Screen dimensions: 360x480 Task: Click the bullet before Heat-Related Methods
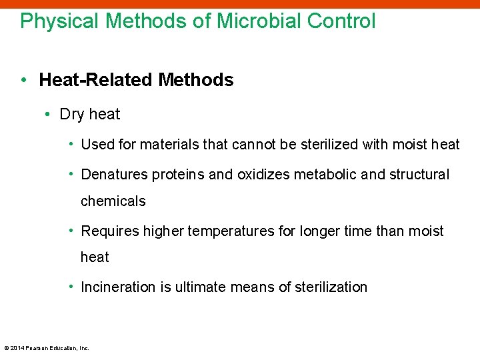[23, 81]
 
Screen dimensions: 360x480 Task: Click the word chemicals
[113, 201]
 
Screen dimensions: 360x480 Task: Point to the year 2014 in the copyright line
[17, 348]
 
